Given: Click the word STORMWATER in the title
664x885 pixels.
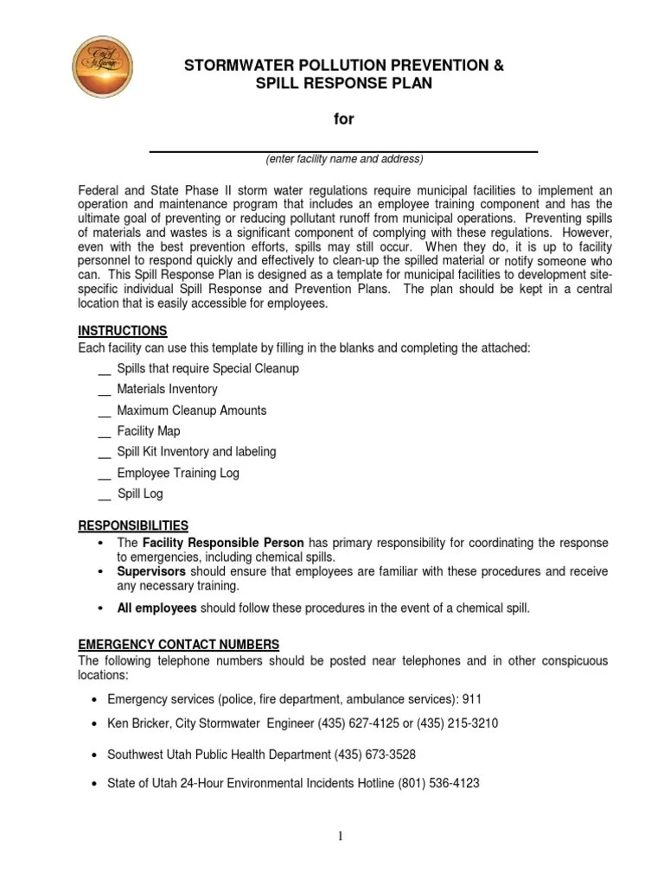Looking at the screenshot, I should point(241,66).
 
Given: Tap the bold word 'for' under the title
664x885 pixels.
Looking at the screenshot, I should point(344,119).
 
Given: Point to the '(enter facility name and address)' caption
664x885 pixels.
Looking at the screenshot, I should point(344,160).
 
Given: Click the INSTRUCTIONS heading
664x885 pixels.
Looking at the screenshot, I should point(123,331).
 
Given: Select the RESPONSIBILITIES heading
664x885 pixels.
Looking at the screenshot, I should point(133,525).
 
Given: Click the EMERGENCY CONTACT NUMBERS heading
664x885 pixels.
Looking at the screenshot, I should point(179,645).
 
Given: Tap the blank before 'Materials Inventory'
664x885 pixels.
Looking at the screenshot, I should point(104,391).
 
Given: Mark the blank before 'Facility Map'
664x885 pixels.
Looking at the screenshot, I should point(104,432).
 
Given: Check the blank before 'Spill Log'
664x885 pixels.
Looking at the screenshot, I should point(104,495).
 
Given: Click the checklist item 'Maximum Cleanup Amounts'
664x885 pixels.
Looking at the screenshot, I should point(192,411).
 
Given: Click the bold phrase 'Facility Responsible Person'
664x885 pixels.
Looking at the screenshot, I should point(223,543).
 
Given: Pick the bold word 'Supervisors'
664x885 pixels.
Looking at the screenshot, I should point(151,571).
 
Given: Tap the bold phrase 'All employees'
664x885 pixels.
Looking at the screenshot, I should point(157,608).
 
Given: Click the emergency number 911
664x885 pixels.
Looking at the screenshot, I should point(472,699).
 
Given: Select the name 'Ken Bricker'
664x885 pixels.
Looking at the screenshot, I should point(139,723).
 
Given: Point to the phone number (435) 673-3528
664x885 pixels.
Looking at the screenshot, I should point(377,754).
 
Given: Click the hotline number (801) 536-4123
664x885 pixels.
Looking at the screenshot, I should point(438,784).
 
